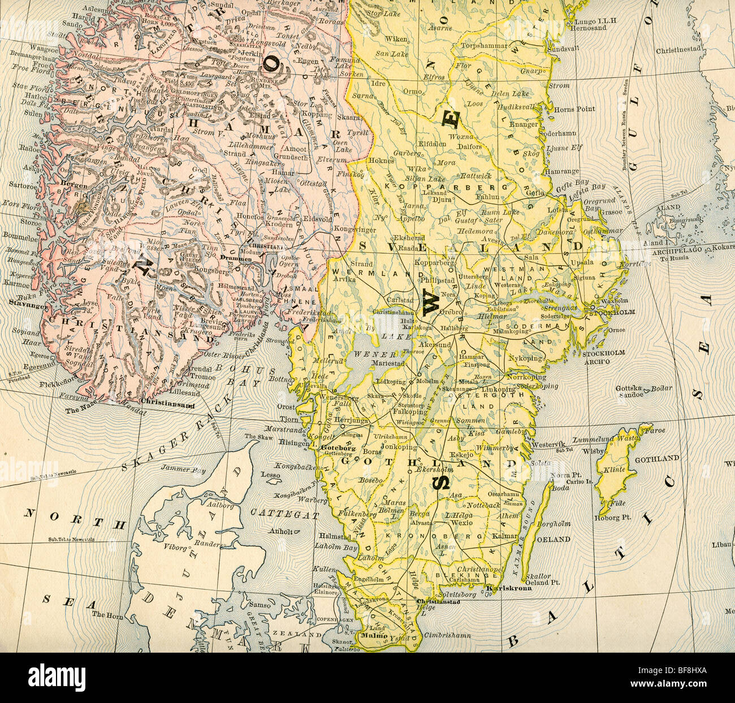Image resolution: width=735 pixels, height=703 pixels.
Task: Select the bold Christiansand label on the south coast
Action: (167, 405)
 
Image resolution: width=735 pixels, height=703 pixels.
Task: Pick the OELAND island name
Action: (554, 539)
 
